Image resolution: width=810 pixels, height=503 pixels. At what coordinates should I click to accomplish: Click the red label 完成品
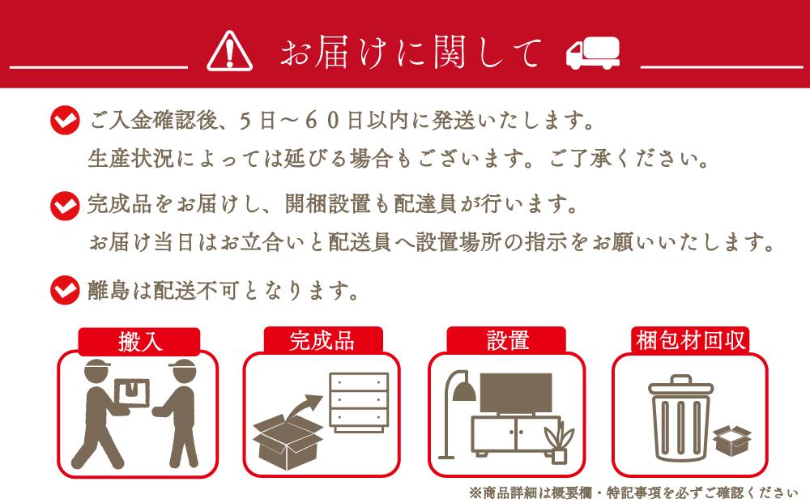click(322, 341)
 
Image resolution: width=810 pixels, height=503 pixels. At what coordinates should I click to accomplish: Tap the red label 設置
click(507, 341)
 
